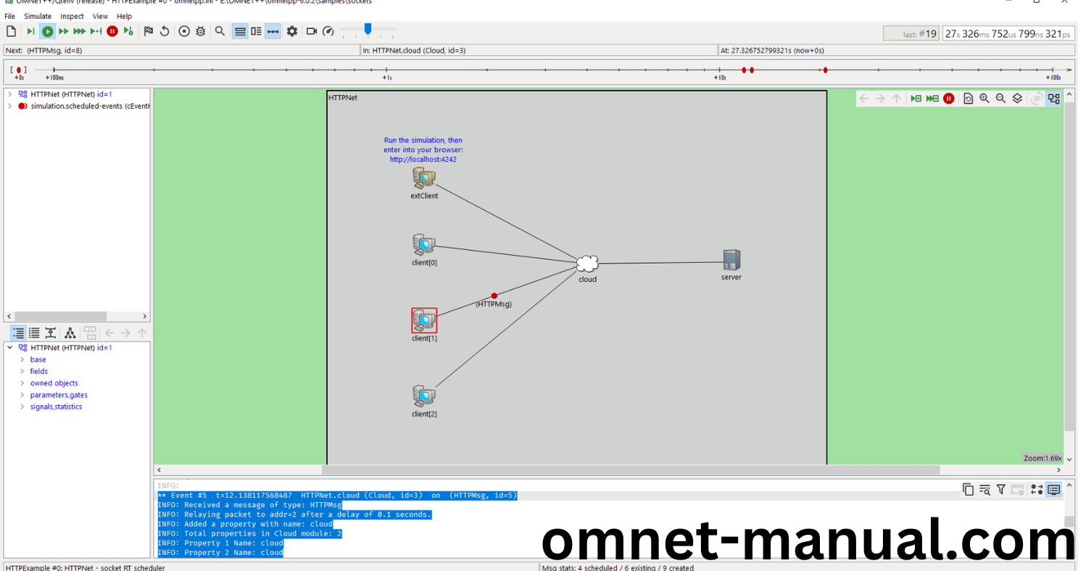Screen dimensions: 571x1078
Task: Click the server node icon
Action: tap(731, 259)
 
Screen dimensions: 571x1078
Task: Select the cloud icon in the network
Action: tap(587, 264)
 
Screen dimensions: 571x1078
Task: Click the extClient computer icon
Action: tap(423, 177)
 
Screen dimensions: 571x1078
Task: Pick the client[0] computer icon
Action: tap(423, 244)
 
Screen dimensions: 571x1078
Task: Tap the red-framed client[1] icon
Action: tap(424, 320)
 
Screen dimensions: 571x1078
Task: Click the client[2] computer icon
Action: tap(423, 396)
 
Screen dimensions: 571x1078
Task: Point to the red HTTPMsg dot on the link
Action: tap(494, 296)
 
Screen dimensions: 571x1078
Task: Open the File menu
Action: tap(9, 16)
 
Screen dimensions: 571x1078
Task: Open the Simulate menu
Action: tap(38, 16)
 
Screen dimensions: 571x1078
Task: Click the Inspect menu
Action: tap(72, 16)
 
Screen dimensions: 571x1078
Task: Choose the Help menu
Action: tap(125, 16)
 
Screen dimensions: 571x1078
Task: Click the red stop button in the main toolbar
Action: tap(112, 31)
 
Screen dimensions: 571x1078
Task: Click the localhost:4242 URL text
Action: tap(423, 159)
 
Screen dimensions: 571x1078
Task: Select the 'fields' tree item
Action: tap(39, 371)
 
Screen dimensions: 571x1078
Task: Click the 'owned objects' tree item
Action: tap(54, 383)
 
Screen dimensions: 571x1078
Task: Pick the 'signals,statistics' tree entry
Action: tap(56, 407)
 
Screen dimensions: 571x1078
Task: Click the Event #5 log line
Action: tap(337, 496)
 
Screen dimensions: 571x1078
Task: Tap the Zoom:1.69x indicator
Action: tap(1042, 458)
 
